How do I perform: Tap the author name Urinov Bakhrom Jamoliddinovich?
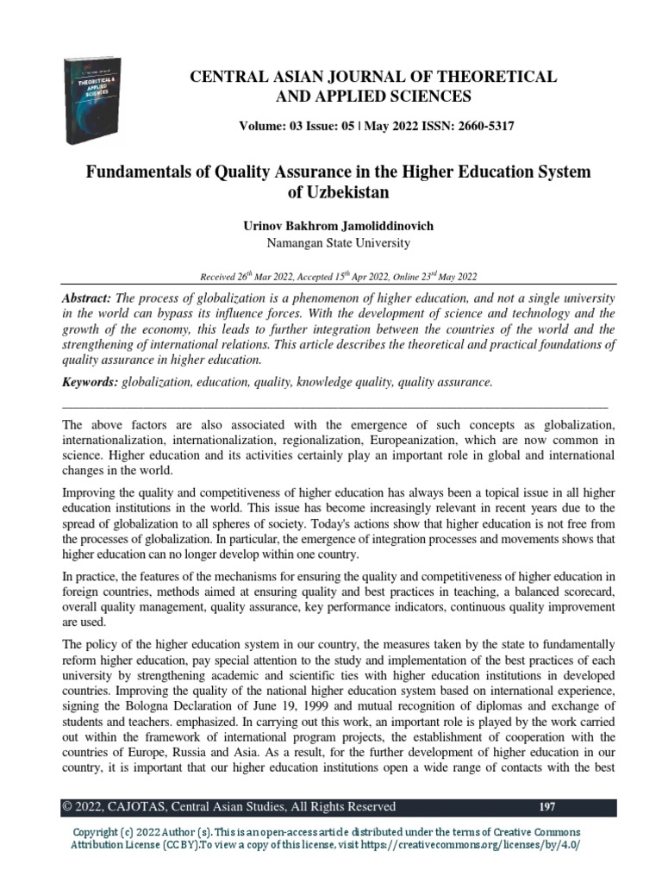point(338,226)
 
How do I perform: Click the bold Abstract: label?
point(89,296)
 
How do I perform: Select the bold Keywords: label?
point(92,381)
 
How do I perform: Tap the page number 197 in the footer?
point(546,807)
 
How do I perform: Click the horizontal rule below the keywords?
point(336,405)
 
